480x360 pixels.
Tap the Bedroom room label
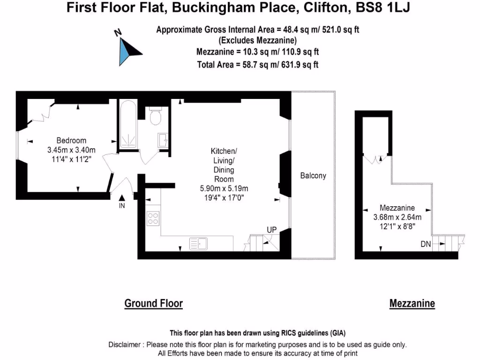click(71, 141)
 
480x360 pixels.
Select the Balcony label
click(313, 175)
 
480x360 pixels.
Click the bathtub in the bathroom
click(128, 124)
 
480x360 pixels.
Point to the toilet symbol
click(156, 116)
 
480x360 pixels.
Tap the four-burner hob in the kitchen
click(153, 218)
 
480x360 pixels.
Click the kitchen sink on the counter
click(198, 244)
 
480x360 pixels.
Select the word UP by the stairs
click(271, 230)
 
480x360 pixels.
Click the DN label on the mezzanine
click(426, 244)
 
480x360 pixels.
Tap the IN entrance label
click(122, 206)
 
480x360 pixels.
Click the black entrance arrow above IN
click(122, 198)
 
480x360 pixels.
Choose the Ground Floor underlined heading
click(153, 303)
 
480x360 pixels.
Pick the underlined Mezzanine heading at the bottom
click(412, 303)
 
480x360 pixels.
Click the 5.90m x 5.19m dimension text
click(224, 188)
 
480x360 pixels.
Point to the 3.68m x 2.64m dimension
click(397, 217)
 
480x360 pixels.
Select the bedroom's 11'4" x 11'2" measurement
click(71, 159)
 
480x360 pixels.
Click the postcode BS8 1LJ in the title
click(382, 7)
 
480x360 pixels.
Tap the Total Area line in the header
click(258, 65)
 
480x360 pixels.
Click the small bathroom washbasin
click(163, 140)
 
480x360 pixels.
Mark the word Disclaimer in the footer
click(124, 345)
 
